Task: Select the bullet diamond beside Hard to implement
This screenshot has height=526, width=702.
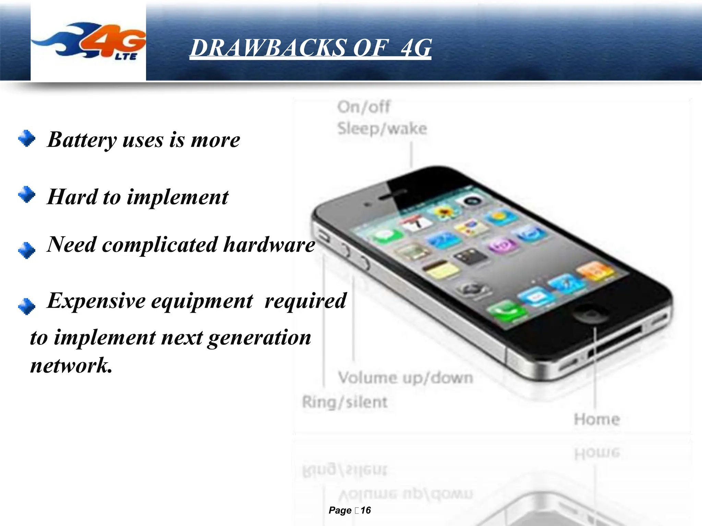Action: pos(27,195)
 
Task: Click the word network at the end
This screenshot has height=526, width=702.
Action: pos(71,365)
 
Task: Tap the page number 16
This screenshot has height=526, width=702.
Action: pos(366,510)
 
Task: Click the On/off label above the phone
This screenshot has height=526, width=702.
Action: pos(363,107)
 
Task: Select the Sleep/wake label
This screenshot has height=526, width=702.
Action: pos(382,129)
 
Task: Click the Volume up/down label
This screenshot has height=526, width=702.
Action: pos(406,378)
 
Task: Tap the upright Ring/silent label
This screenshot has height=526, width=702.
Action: pos(344,402)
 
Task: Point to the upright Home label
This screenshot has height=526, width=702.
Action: pos(597,419)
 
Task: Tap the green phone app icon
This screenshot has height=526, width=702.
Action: pos(506,311)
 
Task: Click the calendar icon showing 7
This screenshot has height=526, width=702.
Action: pos(416,223)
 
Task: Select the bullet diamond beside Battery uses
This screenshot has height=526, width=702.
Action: pos(27,138)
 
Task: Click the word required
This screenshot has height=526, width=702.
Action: pos(305,301)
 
